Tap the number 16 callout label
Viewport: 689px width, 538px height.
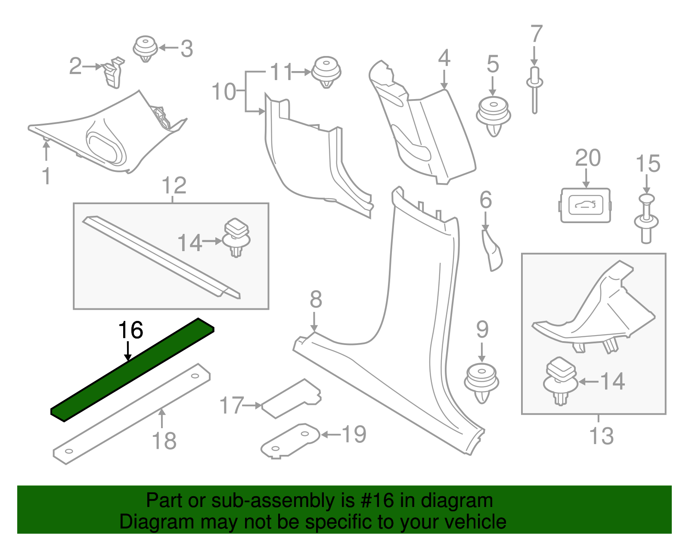130,330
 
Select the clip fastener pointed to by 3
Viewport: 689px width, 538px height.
145,48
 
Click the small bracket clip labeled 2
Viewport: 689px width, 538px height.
113,72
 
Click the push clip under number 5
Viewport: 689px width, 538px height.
493,115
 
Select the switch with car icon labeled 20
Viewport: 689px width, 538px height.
585,205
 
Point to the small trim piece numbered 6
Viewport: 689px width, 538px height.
492,250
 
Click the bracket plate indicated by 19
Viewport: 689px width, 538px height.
291,440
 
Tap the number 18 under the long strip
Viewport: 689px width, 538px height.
164,441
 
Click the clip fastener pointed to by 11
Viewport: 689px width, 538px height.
326,72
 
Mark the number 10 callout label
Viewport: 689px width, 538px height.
224,92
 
